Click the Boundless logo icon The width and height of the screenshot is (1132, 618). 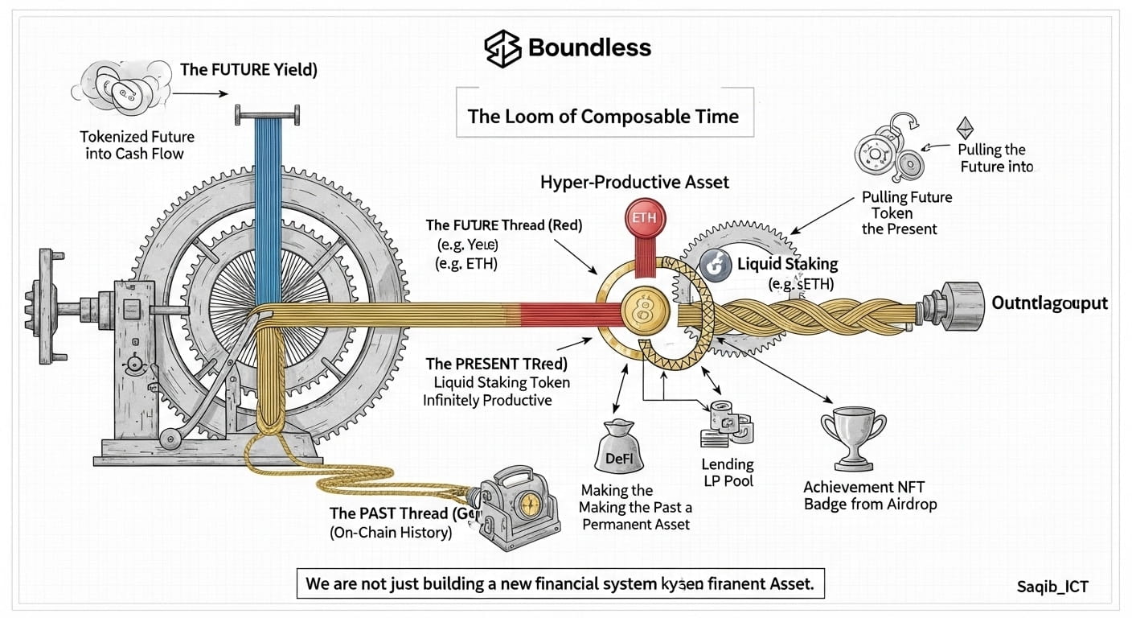point(503,48)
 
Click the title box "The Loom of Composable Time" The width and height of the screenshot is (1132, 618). point(603,116)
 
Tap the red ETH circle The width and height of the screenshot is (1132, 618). point(644,219)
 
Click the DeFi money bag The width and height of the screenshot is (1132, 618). point(613,451)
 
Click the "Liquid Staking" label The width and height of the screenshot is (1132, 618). point(787,263)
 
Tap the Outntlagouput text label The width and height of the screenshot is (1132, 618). point(1049,303)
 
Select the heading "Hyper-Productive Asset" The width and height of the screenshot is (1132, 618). point(635,182)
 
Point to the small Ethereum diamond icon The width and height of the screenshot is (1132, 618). point(963,128)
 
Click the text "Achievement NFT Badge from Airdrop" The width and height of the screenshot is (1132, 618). point(870,496)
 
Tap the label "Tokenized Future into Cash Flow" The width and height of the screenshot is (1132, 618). point(137,145)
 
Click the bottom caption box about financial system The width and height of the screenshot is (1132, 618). point(560,583)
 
